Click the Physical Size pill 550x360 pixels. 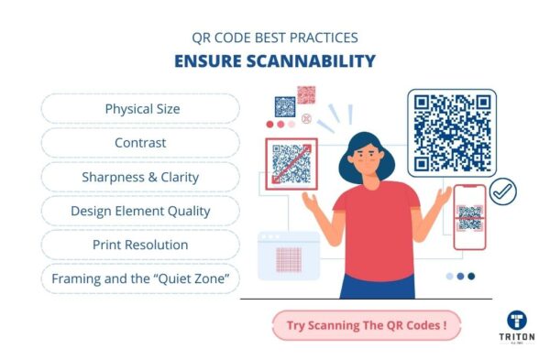141,109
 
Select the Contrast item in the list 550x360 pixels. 141,143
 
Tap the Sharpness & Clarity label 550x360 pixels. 141,177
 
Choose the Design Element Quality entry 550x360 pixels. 141,211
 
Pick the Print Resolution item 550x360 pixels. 141,245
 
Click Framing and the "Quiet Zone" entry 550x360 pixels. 141,278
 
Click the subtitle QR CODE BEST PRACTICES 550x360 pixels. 275,38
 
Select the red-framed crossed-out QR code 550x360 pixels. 291,163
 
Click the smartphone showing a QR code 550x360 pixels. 469,216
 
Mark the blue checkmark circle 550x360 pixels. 503,191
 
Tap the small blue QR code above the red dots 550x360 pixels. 285,106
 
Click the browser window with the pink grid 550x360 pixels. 289,256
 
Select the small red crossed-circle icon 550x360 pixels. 306,118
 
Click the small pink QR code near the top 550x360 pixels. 306,95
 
